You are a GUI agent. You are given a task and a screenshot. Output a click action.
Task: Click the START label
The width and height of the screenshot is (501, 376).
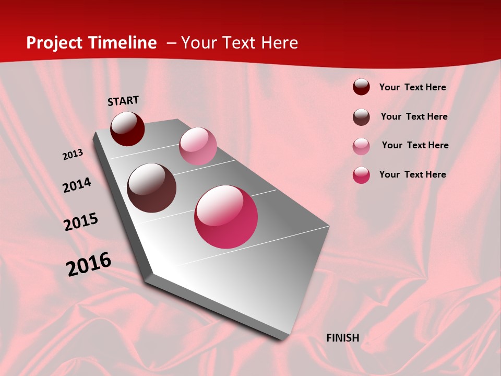(x=123, y=101)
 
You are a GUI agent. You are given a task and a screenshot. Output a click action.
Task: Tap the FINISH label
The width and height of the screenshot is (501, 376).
(x=342, y=338)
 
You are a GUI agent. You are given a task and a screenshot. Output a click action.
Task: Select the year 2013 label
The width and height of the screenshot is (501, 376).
(x=73, y=155)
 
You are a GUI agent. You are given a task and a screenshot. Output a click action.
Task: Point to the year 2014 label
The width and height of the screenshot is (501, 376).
(x=77, y=185)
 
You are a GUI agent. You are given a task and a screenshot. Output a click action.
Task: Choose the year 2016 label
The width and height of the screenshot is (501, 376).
(x=89, y=264)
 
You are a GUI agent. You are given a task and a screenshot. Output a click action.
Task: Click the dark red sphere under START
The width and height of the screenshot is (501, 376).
(x=127, y=128)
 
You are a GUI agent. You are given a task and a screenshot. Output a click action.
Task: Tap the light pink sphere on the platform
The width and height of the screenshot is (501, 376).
(x=198, y=146)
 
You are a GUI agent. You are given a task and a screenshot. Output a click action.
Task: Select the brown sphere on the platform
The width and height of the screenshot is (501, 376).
(x=151, y=188)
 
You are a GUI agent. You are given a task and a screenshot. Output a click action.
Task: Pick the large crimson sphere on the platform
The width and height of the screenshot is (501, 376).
(x=226, y=217)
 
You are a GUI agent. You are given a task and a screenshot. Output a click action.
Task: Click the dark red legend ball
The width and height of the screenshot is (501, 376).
(x=361, y=87)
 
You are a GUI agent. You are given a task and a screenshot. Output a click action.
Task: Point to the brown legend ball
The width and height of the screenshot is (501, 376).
(x=361, y=117)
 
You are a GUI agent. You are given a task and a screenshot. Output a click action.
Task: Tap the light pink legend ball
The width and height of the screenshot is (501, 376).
(x=361, y=146)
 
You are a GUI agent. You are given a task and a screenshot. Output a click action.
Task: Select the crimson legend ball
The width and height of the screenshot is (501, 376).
(x=361, y=175)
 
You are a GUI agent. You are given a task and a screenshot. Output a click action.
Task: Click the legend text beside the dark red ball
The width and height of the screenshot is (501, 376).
(x=412, y=88)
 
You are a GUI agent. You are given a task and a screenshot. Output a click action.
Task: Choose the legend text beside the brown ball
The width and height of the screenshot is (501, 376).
(x=414, y=116)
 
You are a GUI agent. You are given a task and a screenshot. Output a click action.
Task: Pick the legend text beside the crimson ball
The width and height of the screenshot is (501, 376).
(x=412, y=174)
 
